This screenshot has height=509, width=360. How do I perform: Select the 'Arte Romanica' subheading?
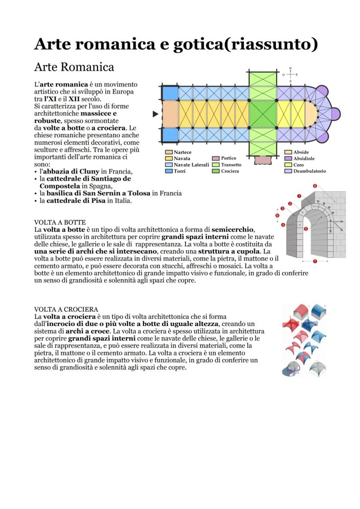(74, 67)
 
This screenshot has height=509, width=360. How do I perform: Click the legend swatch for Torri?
(169, 171)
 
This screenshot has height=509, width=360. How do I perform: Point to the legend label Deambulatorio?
(309, 171)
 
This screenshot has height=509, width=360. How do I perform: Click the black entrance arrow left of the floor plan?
(155, 114)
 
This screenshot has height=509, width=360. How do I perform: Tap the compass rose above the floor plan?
(290, 75)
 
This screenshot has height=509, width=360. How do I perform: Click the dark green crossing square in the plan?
(263, 114)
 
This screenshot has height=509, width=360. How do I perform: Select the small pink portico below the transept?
(263, 160)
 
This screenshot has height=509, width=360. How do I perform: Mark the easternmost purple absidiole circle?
(336, 114)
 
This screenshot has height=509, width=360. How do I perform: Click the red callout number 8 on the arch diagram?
(315, 186)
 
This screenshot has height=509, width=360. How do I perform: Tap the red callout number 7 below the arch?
(315, 261)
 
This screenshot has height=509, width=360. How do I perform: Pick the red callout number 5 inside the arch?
(306, 229)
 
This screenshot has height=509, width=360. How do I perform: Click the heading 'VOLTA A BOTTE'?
(60, 222)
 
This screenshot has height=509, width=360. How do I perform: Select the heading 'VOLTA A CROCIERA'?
(66, 309)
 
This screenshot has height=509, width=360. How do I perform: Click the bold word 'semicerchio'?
(233, 229)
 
